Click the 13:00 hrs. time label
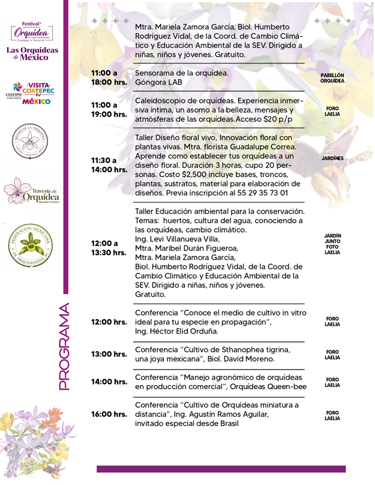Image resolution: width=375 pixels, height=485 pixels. coord(108,354)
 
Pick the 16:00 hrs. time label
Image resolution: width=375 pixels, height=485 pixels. coord(108,414)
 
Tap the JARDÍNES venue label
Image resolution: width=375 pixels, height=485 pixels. coord(332,159)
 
